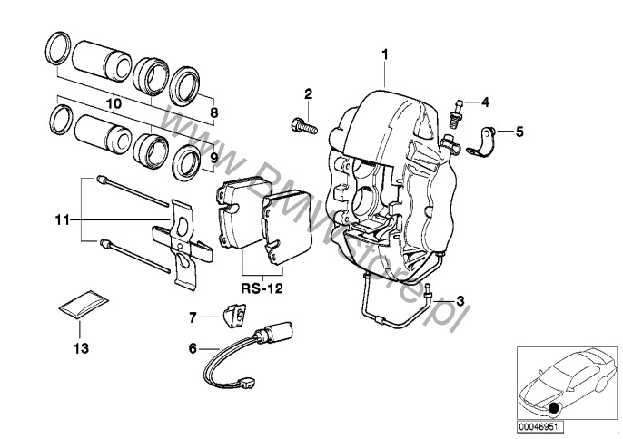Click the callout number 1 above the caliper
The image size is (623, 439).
[385, 54]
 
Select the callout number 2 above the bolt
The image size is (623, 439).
[308, 93]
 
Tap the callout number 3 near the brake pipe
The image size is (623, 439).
[460, 300]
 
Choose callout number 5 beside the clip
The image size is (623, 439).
[519, 132]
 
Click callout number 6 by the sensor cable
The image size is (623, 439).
[192, 347]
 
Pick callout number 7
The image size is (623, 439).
[193, 317]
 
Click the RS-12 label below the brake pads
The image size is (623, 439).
[263, 288]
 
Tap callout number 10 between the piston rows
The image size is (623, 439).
[114, 104]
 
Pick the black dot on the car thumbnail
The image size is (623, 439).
[554, 407]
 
